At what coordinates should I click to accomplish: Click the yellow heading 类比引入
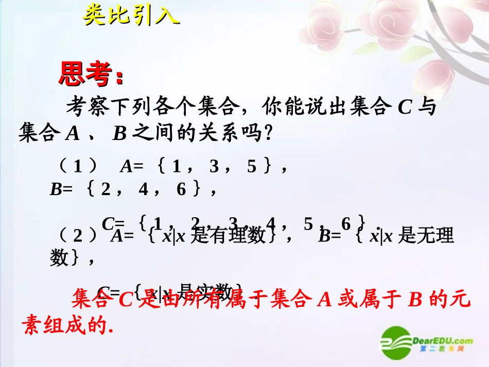pos(131,15)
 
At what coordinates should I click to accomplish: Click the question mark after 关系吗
pos(267,134)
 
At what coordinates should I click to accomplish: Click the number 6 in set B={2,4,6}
pos(181,189)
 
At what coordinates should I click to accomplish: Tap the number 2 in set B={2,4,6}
pos(106,189)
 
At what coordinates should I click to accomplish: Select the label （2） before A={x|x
pos(78,235)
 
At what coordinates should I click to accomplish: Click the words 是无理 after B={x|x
pos(427,235)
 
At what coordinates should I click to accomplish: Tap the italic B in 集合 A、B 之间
pos(119,134)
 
